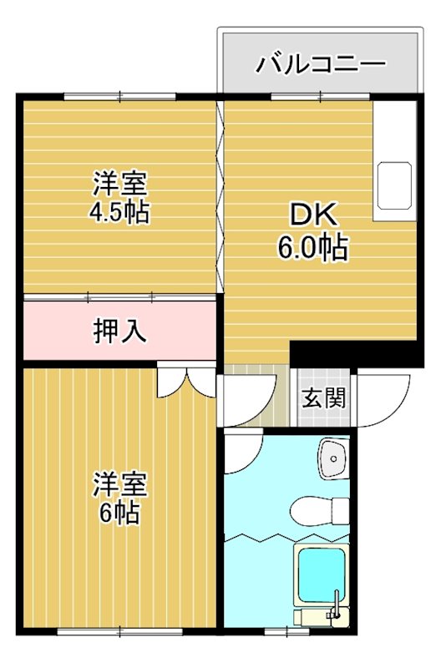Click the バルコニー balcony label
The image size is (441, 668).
(321, 63)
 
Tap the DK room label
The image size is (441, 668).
(312, 215)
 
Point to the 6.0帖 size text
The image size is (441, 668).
(312, 248)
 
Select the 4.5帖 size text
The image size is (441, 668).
(119, 213)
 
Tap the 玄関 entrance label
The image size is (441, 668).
(323, 397)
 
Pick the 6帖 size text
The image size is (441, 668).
(119, 513)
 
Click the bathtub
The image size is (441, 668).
(324, 575)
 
